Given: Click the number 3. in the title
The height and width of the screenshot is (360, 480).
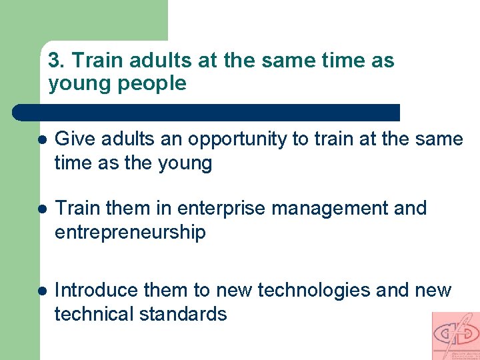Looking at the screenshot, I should coord(57,61).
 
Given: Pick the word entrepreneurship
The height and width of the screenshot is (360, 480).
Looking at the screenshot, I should coord(130,233).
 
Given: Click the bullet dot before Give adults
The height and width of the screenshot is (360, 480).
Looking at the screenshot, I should coord(41,141).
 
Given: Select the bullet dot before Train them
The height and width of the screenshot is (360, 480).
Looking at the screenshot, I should coord(41,210).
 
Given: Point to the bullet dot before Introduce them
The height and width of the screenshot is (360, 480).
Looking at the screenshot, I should coord(41,292).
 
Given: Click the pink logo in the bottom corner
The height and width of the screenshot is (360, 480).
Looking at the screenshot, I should coord(455,335).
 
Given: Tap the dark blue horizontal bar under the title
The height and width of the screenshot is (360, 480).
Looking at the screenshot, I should coord(207,112).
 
